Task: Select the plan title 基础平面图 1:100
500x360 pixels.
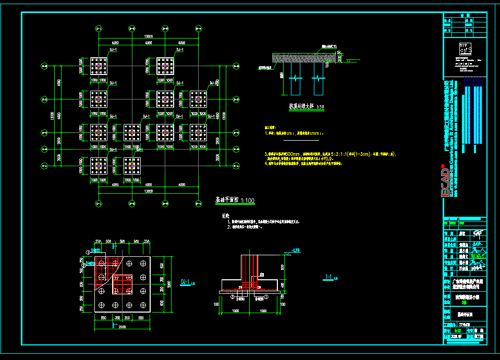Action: tap(234, 200)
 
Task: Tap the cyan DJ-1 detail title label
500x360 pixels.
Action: tap(186, 282)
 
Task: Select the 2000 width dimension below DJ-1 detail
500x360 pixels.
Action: tap(123, 327)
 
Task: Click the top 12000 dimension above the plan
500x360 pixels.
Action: tap(149, 35)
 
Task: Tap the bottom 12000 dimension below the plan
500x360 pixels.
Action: tap(149, 191)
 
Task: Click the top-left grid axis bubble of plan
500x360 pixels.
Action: tap(98, 28)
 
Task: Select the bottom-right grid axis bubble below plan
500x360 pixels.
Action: tap(198, 202)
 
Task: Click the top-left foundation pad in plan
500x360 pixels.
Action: tap(99, 66)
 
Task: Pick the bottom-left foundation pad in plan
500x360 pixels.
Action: tap(99, 166)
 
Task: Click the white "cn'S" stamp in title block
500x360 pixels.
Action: tap(466, 49)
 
